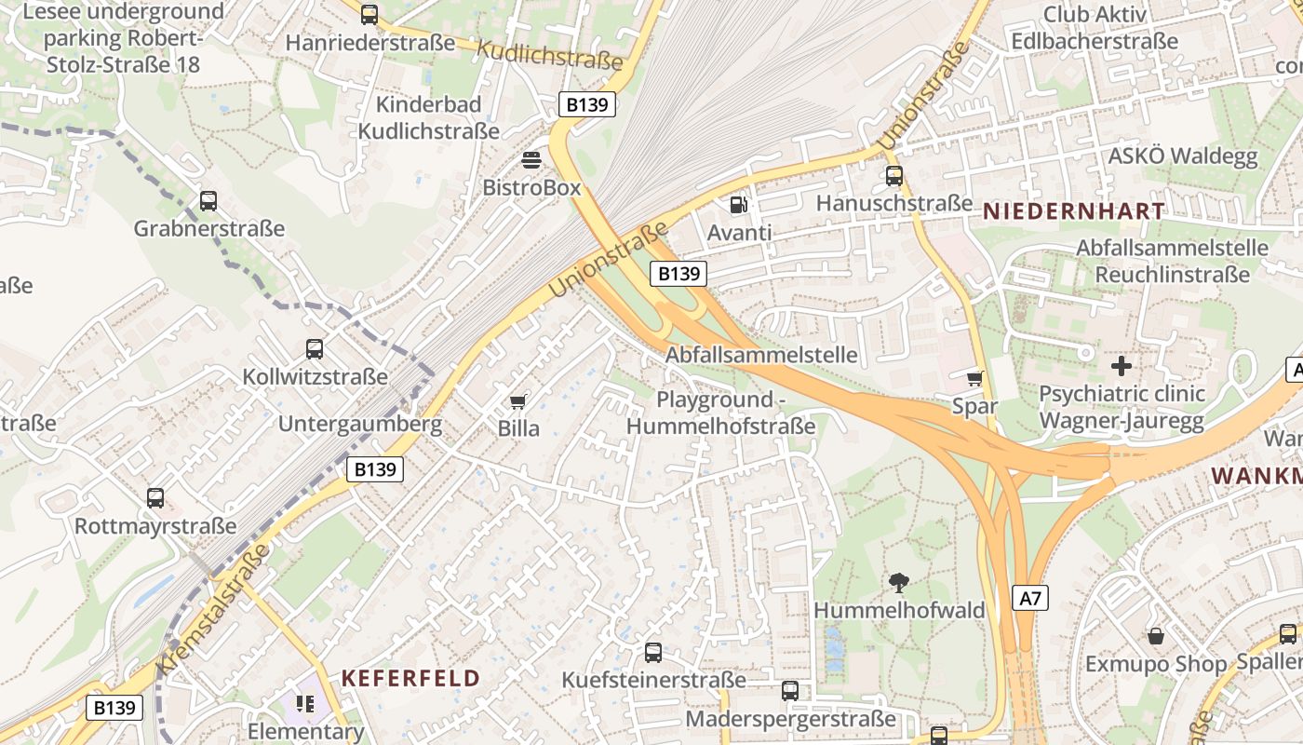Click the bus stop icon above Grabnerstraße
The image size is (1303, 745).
click(x=208, y=200)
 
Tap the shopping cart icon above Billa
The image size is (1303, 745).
click(x=517, y=401)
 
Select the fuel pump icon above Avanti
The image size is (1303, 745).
click(x=738, y=203)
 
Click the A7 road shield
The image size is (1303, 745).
click(x=1030, y=598)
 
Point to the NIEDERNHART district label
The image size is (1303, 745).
click(x=1074, y=211)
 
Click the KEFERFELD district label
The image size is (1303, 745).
click(x=410, y=678)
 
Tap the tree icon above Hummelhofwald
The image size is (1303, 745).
click(x=899, y=583)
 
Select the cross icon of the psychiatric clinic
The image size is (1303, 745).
click(x=1122, y=366)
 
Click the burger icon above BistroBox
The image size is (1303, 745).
click(x=531, y=160)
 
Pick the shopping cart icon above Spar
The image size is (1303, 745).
click(x=974, y=378)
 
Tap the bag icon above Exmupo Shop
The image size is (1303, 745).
click(x=1155, y=636)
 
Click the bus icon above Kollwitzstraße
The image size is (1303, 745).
click(x=315, y=349)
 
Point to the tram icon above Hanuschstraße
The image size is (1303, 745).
click(x=894, y=175)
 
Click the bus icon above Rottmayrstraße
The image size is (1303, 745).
click(x=155, y=498)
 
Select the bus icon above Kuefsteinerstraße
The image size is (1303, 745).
click(x=653, y=652)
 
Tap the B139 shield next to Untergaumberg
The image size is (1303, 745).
click(x=375, y=469)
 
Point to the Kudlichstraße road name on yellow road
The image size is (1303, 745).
click(x=549, y=55)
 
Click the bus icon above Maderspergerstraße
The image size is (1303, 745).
click(x=790, y=691)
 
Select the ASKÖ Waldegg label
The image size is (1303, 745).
click(x=1182, y=156)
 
